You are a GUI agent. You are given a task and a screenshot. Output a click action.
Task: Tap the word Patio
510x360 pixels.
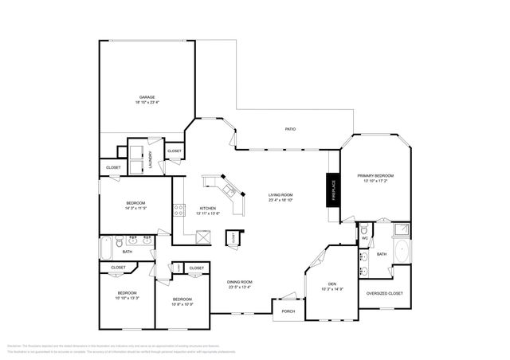291,128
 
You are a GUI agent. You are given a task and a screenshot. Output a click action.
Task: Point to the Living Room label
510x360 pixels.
280,195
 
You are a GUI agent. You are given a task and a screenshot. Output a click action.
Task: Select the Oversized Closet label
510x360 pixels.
384,293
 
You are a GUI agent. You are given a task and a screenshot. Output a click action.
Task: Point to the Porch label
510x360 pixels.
288,311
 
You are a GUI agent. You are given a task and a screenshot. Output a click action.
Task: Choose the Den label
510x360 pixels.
332,284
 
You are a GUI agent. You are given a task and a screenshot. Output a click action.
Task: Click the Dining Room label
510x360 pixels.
240,282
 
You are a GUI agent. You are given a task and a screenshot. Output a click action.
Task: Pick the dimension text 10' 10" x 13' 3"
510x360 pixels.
127,298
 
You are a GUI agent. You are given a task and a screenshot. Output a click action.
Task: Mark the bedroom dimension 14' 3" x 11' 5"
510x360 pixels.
135,209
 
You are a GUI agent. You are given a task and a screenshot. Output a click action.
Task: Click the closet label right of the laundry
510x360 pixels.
174,151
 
